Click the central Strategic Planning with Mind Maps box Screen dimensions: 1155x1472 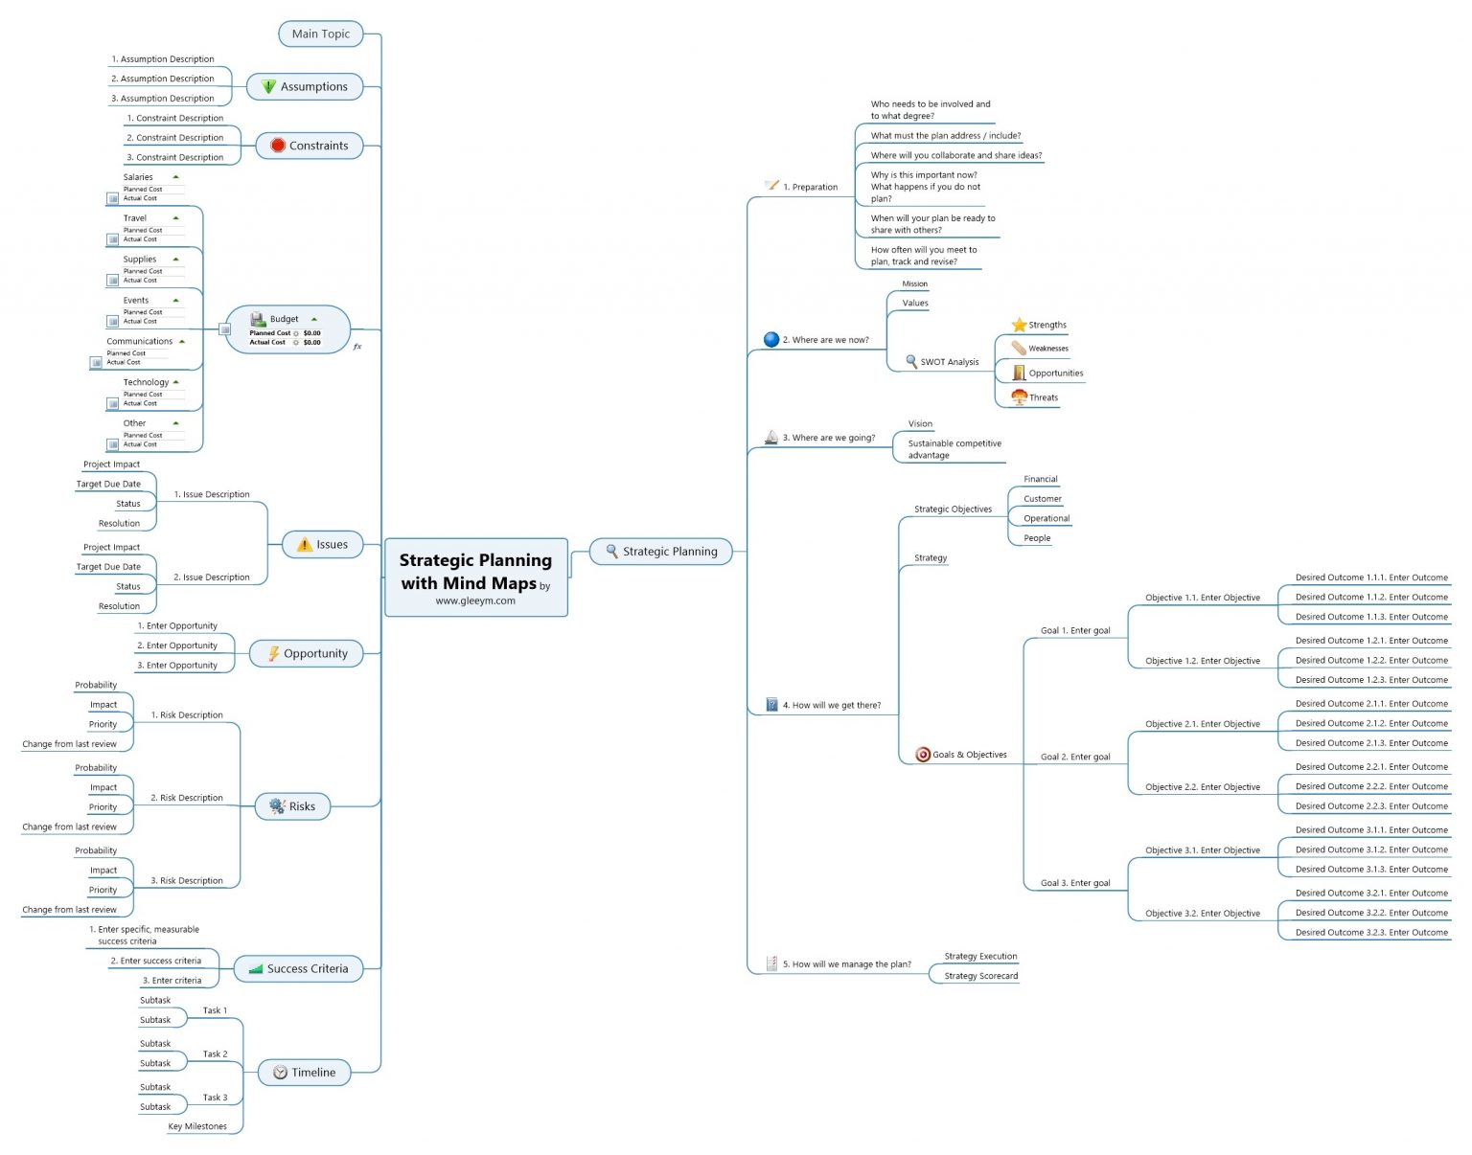[x=475, y=577]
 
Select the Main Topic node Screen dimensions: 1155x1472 [x=321, y=34]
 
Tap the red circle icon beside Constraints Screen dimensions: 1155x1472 [x=278, y=146]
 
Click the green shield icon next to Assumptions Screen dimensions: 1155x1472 [x=268, y=86]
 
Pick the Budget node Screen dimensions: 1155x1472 [x=287, y=329]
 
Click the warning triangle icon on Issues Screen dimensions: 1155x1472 [x=305, y=544]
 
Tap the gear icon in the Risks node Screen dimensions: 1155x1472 [x=277, y=805]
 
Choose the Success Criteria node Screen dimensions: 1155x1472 [x=298, y=968]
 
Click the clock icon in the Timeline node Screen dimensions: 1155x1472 [x=280, y=1072]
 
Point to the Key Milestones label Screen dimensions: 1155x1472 [x=197, y=1126]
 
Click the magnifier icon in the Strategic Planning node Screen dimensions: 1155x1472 [x=611, y=551]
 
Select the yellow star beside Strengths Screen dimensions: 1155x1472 [x=1019, y=325]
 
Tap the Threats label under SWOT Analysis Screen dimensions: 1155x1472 [x=1044, y=397]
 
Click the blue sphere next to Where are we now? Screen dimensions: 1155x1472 [x=770, y=339]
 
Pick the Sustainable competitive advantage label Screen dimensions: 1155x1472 [x=954, y=449]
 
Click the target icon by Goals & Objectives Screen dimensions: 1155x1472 [x=923, y=754]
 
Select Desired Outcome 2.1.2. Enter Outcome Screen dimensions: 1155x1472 [x=1370, y=723]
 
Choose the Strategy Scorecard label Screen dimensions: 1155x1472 [x=980, y=976]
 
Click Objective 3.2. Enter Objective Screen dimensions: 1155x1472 [x=1202, y=913]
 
